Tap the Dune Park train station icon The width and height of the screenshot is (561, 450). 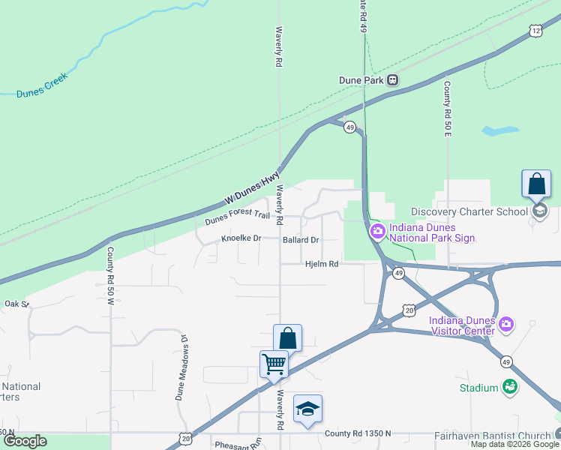pyautogui.click(x=392, y=80)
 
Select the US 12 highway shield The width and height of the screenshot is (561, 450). pyautogui.click(x=535, y=30)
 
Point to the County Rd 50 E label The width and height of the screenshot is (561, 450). pyautogui.click(x=447, y=109)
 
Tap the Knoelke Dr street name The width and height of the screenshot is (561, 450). pyautogui.click(x=241, y=238)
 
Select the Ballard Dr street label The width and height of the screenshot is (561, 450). pyautogui.click(x=301, y=240)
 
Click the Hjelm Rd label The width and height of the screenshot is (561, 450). pyautogui.click(x=322, y=264)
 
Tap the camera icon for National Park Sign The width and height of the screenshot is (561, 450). pyautogui.click(x=376, y=232)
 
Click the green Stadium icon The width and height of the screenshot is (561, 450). pyautogui.click(x=511, y=387)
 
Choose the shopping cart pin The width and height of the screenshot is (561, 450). pyautogui.click(x=274, y=364)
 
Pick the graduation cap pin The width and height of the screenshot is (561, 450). pyautogui.click(x=307, y=409)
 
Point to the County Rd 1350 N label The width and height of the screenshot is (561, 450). pyautogui.click(x=358, y=434)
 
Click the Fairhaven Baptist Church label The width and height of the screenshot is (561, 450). pyautogui.click(x=492, y=435)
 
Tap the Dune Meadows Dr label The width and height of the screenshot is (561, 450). pyautogui.click(x=182, y=367)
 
